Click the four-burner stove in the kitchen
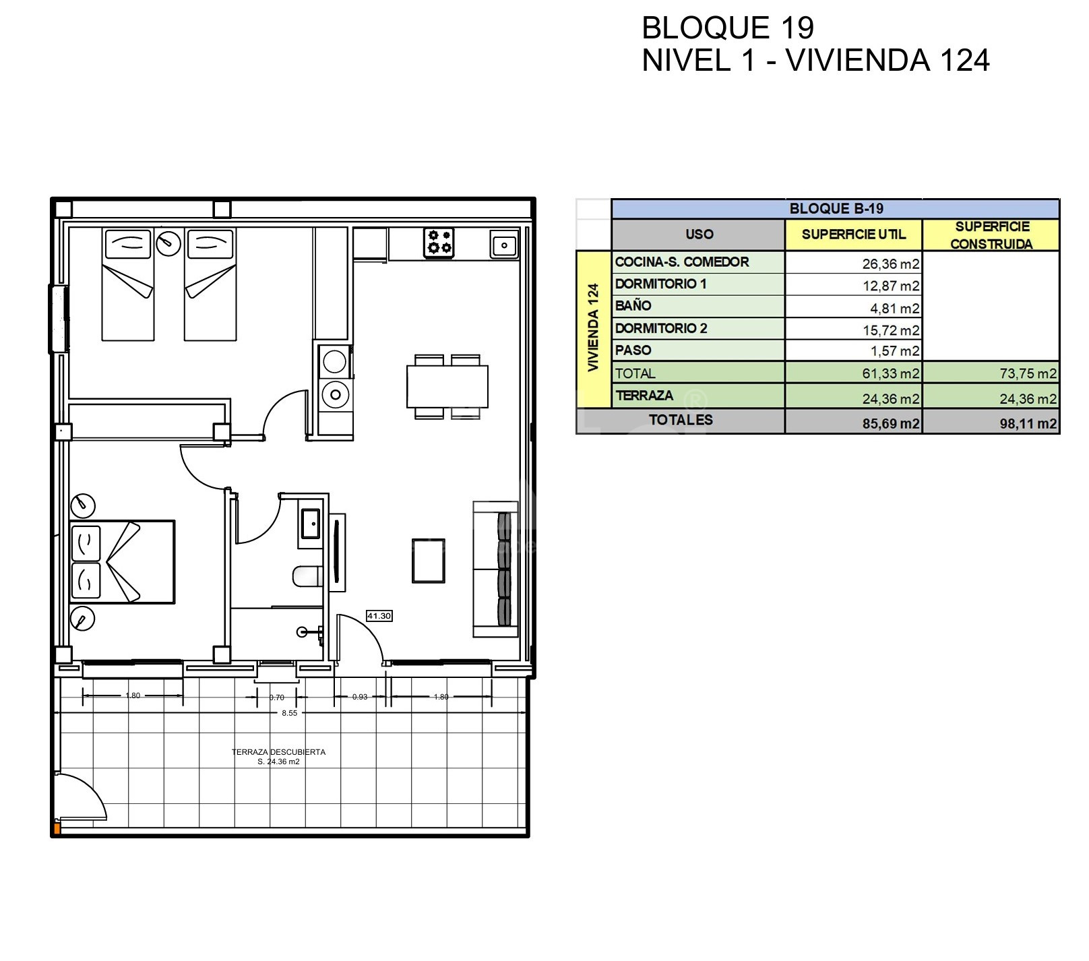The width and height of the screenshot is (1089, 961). point(439,243)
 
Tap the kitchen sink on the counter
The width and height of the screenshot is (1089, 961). point(505,245)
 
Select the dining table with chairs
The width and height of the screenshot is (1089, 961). point(447,387)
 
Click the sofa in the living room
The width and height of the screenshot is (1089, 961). point(495,569)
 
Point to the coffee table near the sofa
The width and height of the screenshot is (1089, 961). point(428,560)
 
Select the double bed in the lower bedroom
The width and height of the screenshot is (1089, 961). point(122,562)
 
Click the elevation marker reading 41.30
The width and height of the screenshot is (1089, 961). point(379,616)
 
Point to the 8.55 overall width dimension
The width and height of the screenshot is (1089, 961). point(289,712)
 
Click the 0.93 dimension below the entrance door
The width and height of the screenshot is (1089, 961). point(360,697)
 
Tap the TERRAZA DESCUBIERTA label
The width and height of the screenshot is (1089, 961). point(278,752)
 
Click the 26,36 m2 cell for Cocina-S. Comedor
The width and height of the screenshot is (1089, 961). point(890,264)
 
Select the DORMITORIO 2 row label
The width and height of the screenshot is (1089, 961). point(661,328)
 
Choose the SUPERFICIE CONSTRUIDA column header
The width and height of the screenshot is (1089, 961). point(992,235)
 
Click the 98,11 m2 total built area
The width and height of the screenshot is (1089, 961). point(1028,424)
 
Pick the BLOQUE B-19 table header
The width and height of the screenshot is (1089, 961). point(836,209)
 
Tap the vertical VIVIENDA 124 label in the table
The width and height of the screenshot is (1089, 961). point(593,328)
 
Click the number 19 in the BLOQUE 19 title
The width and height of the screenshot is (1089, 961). point(797,28)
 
